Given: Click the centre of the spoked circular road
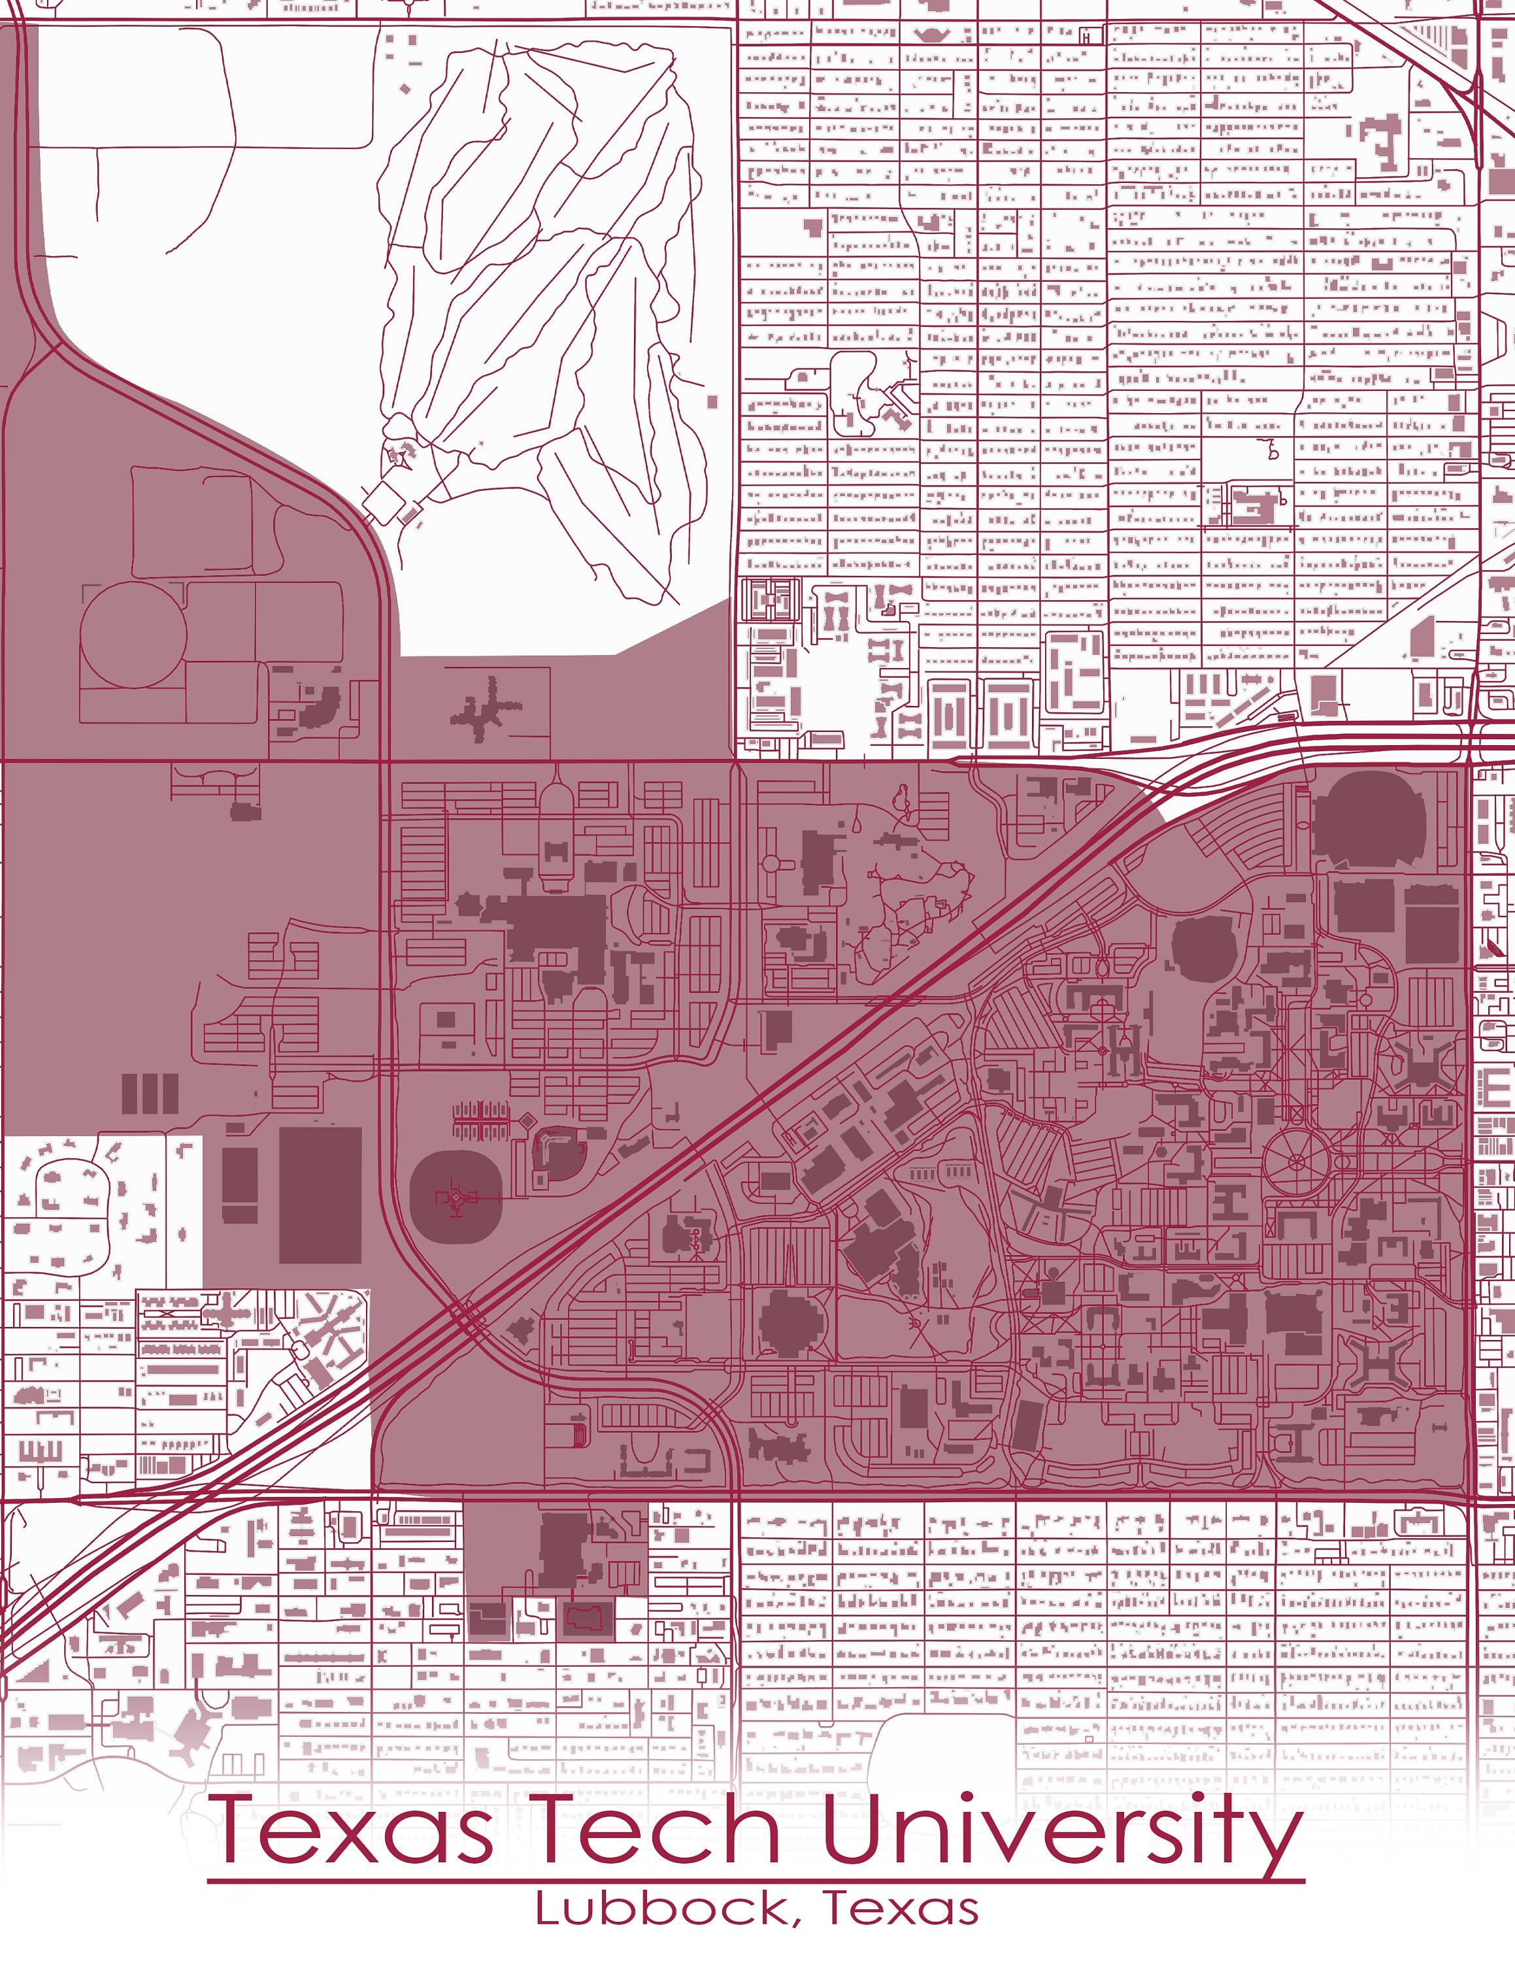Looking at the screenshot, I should click(1295, 1161).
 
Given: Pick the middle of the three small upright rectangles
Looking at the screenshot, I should click(149, 1094).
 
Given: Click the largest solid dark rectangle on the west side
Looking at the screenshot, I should click(320, 1195).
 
